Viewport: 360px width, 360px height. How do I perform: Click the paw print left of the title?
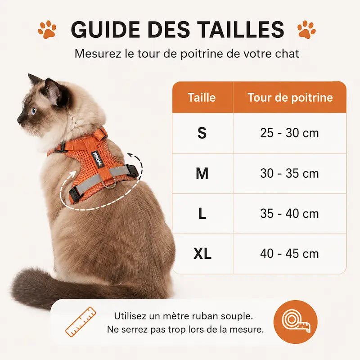tap(47, 29)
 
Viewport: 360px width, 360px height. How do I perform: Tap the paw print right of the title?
tap(306, 29)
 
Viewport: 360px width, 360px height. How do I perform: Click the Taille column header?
tap(202, 97)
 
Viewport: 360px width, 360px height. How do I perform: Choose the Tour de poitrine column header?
tap(290, 98)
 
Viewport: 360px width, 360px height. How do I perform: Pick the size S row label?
tap(202, 133)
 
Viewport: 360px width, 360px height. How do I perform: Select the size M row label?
tap(202, 173)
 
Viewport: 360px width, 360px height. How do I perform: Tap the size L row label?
tap(202, 214)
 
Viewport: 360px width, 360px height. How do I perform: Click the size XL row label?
tap(202, 254)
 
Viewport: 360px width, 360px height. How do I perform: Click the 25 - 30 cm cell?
tap(289, 133)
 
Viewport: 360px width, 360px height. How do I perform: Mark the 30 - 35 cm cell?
tap(289, 174)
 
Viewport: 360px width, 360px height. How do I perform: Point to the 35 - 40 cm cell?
tap(289, 214)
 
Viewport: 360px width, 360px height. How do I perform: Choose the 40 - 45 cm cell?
tap(289, 254)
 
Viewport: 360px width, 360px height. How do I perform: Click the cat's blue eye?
tap(34, 111)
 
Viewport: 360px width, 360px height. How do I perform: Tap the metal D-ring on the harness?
tap(110, 184)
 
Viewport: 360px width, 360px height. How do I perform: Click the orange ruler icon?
tap(81, 322)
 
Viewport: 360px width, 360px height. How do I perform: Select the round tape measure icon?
tap(296, 322)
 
